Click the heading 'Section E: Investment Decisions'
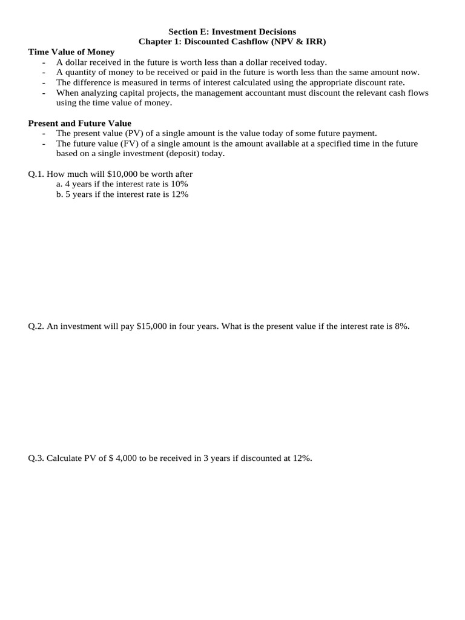(x=232, y=31)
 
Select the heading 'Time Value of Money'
(x=71, y=52)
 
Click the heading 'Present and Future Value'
(x=80, y=123)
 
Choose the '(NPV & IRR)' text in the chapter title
(x=301, y=42)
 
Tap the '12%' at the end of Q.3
(x=303, y=458)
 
